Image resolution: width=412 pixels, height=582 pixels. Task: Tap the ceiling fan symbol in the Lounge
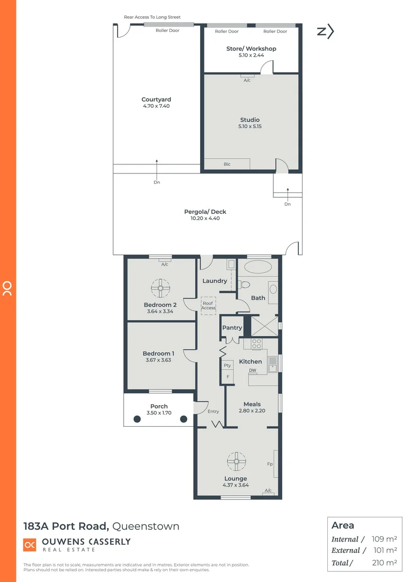pyautogui.click(x=236, y=461)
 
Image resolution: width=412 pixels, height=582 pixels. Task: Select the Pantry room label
pyautogui.click(x=232, y=328)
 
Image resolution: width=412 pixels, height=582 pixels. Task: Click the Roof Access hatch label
pyautogui.click(x=208, y=306)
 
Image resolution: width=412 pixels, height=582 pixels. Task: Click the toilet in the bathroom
pyautogui.click(x=245, y=285)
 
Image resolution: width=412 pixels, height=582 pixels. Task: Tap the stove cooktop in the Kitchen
pyautogui.click(x=257, y=344)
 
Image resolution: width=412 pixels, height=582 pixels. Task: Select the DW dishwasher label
pyautogui.click(x=252, y=370)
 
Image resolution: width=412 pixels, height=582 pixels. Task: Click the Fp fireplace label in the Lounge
pyautogui.click(x=270, y=463)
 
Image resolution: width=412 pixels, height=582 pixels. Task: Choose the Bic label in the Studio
pyautogui.click(x=227, y=164)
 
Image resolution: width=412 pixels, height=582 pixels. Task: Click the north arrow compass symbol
pyautogui.click(x=325, y=32)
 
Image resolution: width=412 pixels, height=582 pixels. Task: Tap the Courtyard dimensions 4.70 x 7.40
pyautogui.click(x=156, y=106)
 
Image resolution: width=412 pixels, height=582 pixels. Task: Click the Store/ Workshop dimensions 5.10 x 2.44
pyautogui.click(x=251, y=55)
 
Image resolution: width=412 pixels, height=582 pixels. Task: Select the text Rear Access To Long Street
pyautogui.click(x=152, y=17)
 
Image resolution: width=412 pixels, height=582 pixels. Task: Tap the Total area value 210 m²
pyautogui.click(x=384, y=563)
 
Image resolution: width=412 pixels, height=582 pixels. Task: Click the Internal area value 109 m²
pyautogui.click(x=384, y=539)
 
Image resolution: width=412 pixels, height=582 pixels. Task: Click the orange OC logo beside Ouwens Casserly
pyautogui.click(x=30, y=545)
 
